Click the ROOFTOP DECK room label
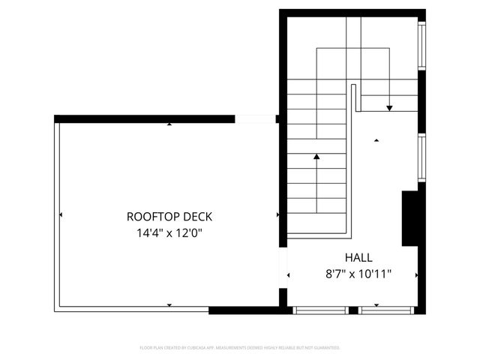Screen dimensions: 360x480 pyautogui.click(x=169, y=216)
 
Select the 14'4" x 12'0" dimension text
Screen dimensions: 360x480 pyautogui.click(x=169, y=232)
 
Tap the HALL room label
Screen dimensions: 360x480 pyautogui.click(x=358, y=257)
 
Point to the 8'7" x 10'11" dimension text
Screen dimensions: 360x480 pyautogui.click(x=358, y=274)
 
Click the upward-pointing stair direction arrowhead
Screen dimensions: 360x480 pyautogui.click(x=316, y=157)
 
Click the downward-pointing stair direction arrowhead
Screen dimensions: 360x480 pyautogui.click(x=389, y=109)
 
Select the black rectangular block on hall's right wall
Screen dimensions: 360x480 pyautogui.click(x=409, y=218)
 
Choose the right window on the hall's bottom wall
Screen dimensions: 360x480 pyautogui.click(x=386, y=310)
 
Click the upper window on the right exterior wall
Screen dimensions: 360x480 pyautogui.click(x=422, y=46)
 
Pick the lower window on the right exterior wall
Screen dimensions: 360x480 pyautogui.click(x=422, y=157)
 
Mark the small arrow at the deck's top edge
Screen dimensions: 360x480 pyautogui.click(x=169, y=124)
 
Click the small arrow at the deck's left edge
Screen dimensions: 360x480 pyautogui.click(x=60, y=215)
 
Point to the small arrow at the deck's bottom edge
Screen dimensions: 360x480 pyautogui.click(x=169, y=304)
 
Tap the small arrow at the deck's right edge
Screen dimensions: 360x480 pyautogui.click(x=278, y=215)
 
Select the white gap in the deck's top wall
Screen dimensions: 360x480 pyautogui.click(x=256, y=118)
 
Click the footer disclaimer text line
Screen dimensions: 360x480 pyautogui.click(x=240, y=348)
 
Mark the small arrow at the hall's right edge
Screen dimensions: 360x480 pyautogui.click(x=418, y=275)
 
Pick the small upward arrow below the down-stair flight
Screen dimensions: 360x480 pyautogui.click(x=376, y=139)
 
